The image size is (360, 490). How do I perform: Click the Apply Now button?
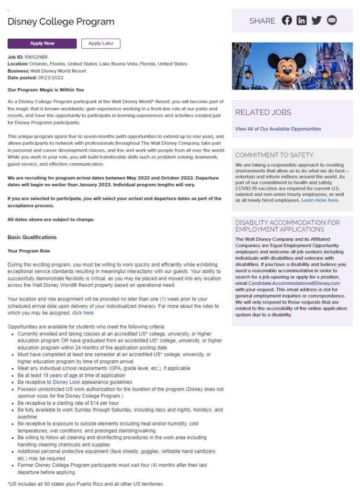pyautogui.click(x=42, y=44)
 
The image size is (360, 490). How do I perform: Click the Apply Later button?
pyautogui.click(x=101, y=44)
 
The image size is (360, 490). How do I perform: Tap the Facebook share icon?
pyautogui.click(x=287, y=21)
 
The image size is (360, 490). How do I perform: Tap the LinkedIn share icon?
pyautogui.click(x=302, y=21)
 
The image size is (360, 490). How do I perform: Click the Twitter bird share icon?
pyautogui.click(x=316, y=21)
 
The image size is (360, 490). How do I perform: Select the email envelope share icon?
pyautogui.click(x=332, y=21)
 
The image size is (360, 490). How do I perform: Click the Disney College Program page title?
pyautogui.click(x=61, y=22)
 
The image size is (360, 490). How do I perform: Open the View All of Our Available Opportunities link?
pyautogui.click(x=278, y=129)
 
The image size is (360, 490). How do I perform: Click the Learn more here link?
pyautogui.click(x=320, y=200)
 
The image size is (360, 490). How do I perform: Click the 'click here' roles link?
pyautogui.click(x=83, y=313)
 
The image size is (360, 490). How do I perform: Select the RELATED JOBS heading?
pyautogui.click(x=263, y=112)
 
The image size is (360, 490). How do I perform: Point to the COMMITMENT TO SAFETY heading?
pyautogui.click(x=274, y=155)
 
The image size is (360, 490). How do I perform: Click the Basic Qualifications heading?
pyautogui.click(x=32, y=237)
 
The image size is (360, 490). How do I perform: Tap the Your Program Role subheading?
pyautogui.click(x=29, y=251)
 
